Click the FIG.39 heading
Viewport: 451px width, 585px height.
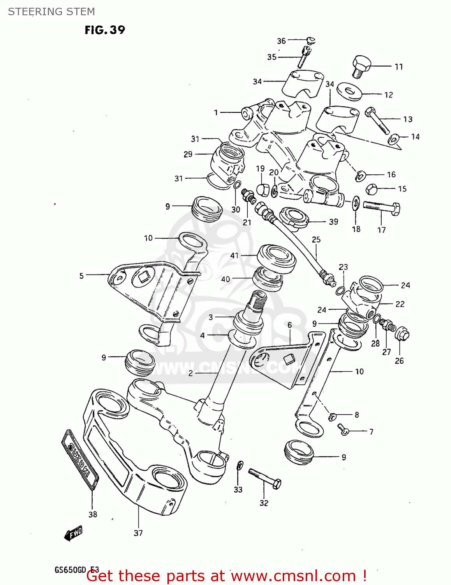pos(105,30)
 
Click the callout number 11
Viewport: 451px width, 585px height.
pos(398,67)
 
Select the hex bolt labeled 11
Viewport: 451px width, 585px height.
pos(362,66)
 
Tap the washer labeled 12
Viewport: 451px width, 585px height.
pos(349,92)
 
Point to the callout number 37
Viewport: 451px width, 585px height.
pos(138,533)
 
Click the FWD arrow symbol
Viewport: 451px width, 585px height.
pos(73,533)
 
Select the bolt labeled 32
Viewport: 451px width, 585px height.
pos(265,479)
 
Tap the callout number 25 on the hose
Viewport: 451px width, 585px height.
pos(316,239)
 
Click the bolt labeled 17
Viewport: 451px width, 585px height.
pos(381,206)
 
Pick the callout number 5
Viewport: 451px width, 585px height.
pos(81,276)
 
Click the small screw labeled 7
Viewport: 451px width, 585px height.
pos(343,429)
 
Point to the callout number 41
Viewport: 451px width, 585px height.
pos(234,255)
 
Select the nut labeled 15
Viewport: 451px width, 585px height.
pos(371,189)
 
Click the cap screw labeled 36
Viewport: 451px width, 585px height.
pos(310,40)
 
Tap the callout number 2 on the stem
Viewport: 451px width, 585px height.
pos(190,373)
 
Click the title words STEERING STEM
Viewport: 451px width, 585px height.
pos(51,12)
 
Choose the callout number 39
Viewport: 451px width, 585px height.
pos(333,222)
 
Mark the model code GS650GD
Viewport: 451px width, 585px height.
pos(70,570)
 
